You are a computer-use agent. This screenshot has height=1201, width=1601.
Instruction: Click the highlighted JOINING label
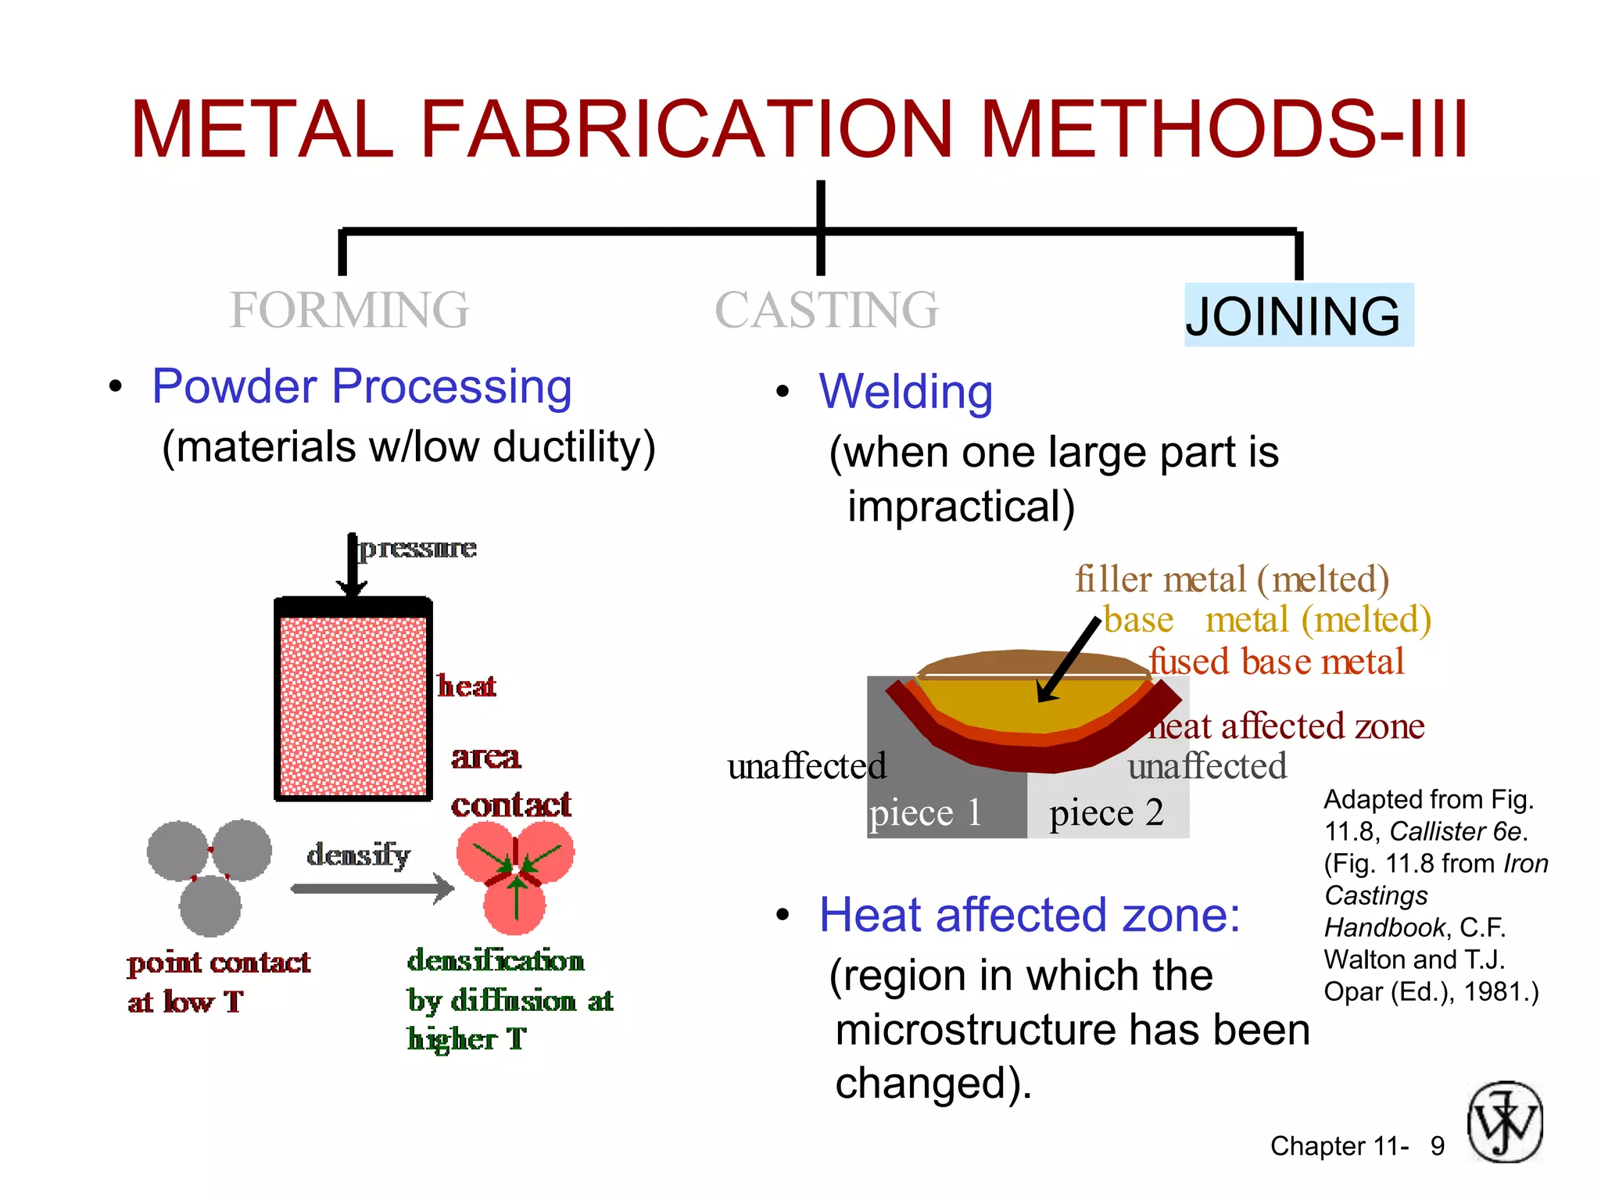1298,315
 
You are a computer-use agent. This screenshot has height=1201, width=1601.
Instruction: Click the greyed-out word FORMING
349,310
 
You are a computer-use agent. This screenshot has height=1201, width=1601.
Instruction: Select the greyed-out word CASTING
826,310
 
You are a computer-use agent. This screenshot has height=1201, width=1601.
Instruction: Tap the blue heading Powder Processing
362,386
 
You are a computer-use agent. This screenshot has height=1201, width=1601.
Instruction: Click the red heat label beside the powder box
466,686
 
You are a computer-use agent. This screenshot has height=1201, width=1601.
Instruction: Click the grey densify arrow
372,888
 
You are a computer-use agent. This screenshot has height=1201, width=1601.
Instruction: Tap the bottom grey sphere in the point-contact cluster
210,905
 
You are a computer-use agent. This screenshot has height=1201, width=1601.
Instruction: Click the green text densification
496,960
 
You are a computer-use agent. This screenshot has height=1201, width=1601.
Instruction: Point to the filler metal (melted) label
1231,579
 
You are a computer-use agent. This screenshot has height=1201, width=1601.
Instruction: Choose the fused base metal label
1277,661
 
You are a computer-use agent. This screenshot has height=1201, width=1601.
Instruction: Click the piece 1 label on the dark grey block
925,813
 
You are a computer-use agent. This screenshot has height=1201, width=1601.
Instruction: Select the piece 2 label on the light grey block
1106,813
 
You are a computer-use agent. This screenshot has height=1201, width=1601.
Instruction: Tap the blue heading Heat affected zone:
1030,915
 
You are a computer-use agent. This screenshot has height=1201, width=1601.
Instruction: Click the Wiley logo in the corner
1505,1122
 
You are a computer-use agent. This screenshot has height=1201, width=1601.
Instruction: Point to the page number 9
1437,1146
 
